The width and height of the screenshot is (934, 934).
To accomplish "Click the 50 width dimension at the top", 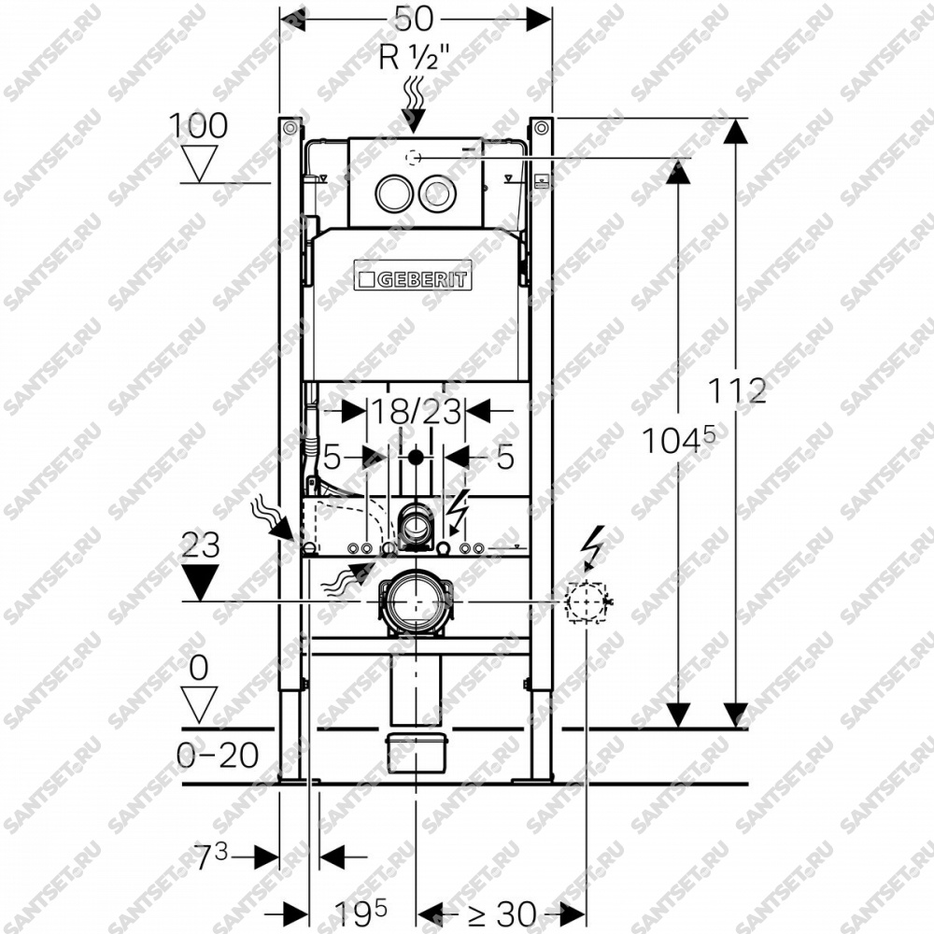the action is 415,19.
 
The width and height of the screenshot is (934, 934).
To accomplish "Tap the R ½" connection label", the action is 415,58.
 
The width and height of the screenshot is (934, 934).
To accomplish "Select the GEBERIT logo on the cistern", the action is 413,276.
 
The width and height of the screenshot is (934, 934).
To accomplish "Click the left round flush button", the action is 392,192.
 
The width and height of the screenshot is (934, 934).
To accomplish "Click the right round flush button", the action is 438,192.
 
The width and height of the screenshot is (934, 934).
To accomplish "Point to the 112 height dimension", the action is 737,391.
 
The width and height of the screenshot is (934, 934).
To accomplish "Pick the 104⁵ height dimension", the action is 678,440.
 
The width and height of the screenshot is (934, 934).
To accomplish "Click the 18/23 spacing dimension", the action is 417,411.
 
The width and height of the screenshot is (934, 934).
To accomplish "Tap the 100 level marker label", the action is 198,126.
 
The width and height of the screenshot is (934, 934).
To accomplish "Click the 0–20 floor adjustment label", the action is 218,756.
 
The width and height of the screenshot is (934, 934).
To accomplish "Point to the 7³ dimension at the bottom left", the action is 211,856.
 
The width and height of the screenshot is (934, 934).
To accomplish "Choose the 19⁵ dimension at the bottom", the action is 361,912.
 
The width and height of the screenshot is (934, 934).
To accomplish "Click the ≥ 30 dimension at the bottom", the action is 502,913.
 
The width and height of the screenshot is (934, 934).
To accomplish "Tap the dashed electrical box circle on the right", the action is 587,601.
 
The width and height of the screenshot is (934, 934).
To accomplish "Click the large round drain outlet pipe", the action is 416,601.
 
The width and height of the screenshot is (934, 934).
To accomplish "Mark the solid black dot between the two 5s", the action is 416,458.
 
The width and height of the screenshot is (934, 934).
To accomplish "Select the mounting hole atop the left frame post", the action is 290,127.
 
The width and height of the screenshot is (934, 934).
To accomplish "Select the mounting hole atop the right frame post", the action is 542,127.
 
